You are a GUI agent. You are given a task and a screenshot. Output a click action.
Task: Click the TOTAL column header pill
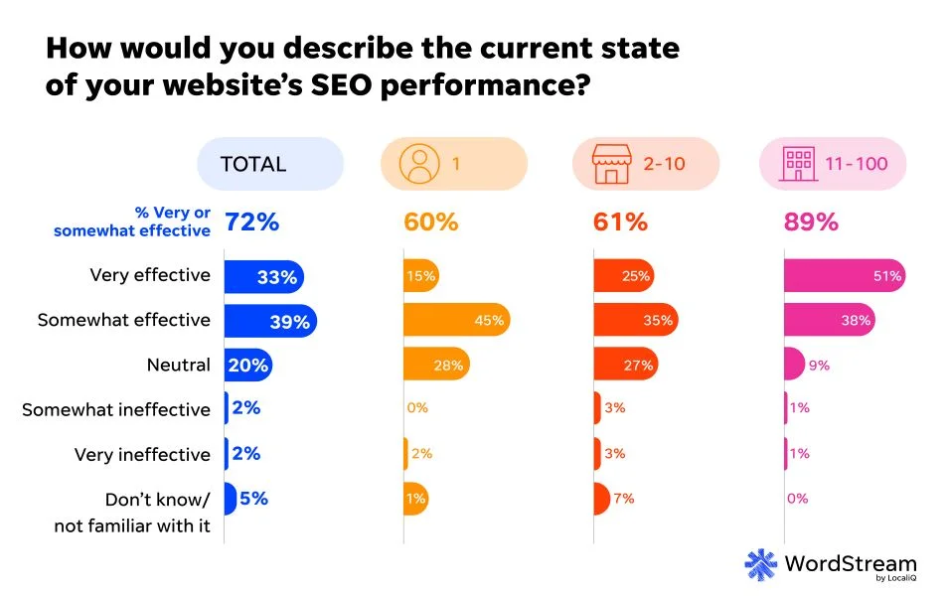269,164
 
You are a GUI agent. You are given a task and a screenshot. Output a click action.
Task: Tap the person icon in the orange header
417,164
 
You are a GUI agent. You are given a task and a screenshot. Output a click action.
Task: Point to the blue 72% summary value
251,223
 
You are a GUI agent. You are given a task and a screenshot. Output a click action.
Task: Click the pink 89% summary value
811,223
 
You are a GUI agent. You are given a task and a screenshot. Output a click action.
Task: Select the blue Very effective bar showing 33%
263,277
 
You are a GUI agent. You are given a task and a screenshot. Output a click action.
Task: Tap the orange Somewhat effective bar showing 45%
456,320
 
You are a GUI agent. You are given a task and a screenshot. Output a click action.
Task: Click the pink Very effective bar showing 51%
845,276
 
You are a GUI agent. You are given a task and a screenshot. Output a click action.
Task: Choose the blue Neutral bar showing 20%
247,365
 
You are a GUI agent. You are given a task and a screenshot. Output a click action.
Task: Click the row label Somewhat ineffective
116,409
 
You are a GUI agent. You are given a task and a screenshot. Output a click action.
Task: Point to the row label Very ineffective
142,454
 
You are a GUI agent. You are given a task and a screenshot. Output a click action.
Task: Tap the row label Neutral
178,365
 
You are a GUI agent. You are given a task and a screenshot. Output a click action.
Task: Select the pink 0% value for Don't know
797,499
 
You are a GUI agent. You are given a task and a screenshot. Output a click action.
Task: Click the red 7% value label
623,499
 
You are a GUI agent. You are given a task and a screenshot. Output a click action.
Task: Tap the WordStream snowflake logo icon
761,565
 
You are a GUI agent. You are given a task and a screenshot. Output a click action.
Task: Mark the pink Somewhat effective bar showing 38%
829,320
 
